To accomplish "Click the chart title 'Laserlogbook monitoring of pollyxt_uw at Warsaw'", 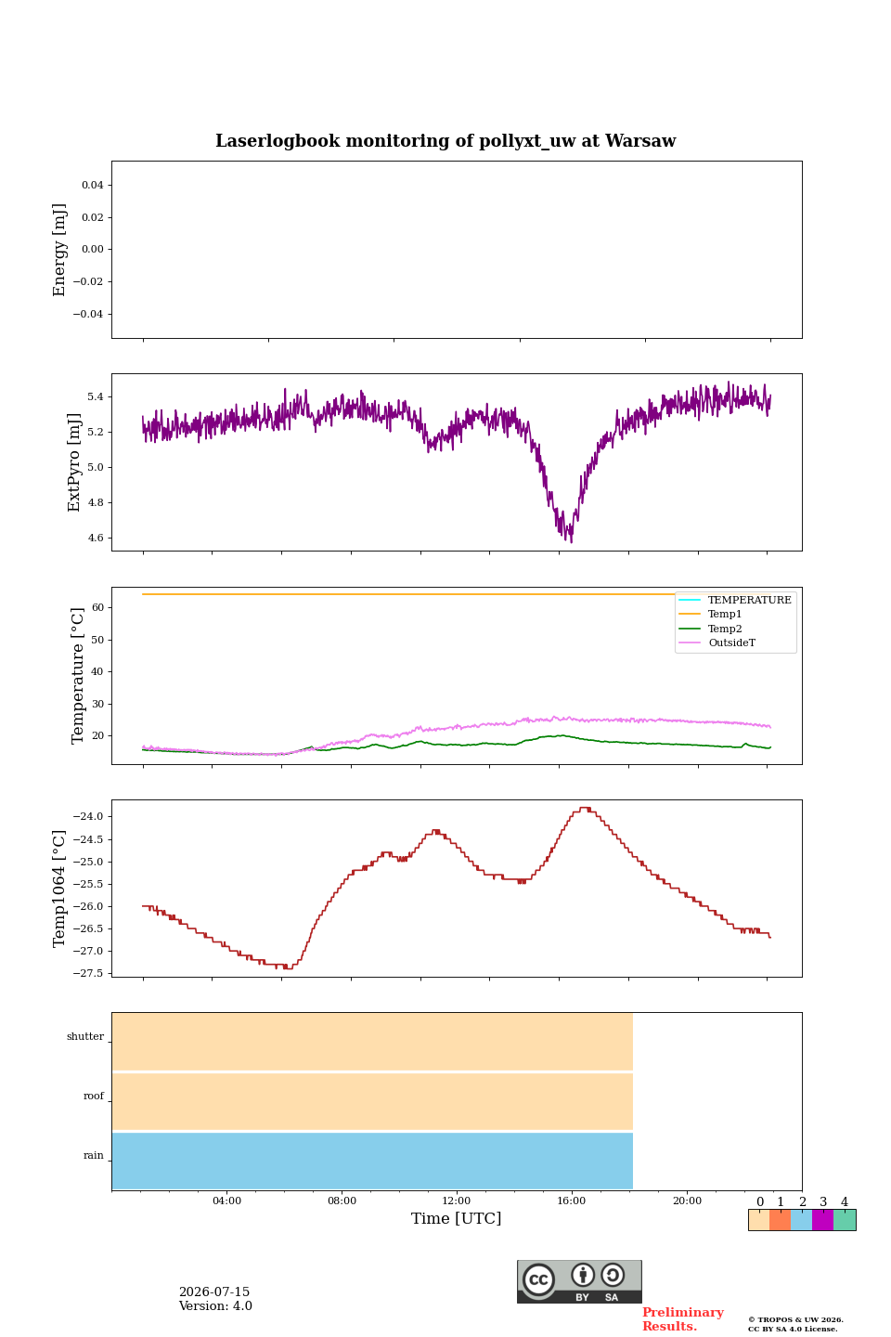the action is point(445,141).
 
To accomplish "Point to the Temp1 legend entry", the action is point(725,614).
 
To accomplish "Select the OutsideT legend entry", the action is point(731,643).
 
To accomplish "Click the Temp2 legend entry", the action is point(725,629).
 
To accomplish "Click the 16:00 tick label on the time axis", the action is point(571,1201).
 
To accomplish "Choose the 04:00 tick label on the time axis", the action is point(226,1201).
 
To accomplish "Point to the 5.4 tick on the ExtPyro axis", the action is point(96,397).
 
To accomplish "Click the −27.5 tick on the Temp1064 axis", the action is point(88,973).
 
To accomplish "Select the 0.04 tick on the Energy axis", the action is point(93,185).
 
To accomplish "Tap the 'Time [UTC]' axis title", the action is point(456,1218).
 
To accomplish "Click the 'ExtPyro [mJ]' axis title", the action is point(73,462).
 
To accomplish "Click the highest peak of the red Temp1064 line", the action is point(585,808).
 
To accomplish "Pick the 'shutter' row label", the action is point(85,1036).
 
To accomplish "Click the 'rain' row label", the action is point(93,1155).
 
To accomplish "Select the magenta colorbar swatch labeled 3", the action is point(822,1219).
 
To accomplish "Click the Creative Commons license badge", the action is point(579,1281).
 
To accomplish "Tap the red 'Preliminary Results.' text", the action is point(683,1318).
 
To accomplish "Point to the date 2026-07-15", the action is point(214,1292).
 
